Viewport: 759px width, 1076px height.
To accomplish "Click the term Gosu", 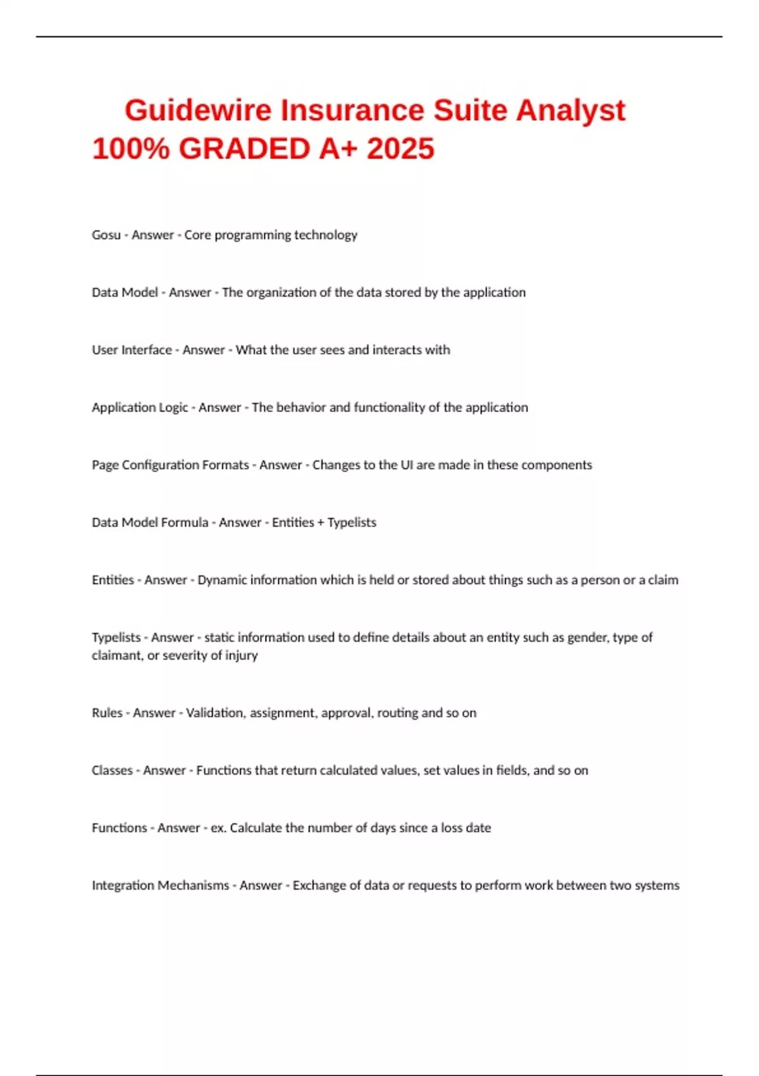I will [106, 235].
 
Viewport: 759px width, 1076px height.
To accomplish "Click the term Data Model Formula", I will [150, 522].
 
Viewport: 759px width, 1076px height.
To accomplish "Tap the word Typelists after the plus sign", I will [352, 522].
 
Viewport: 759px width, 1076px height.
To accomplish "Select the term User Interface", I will [132, 350].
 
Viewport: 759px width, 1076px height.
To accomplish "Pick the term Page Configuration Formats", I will [170, 465].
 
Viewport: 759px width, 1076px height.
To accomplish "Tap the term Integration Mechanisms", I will [160, 885].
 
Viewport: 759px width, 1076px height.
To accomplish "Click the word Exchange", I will [318, 885].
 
